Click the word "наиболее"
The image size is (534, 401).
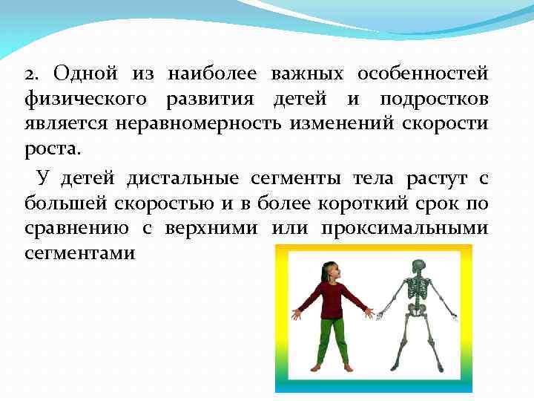(212, 75)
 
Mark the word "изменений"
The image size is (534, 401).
(336, 124)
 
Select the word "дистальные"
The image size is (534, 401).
(182, 179)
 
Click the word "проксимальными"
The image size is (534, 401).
(404, 228)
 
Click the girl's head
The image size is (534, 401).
(329, 270)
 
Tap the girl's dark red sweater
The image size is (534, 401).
(331, 301)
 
